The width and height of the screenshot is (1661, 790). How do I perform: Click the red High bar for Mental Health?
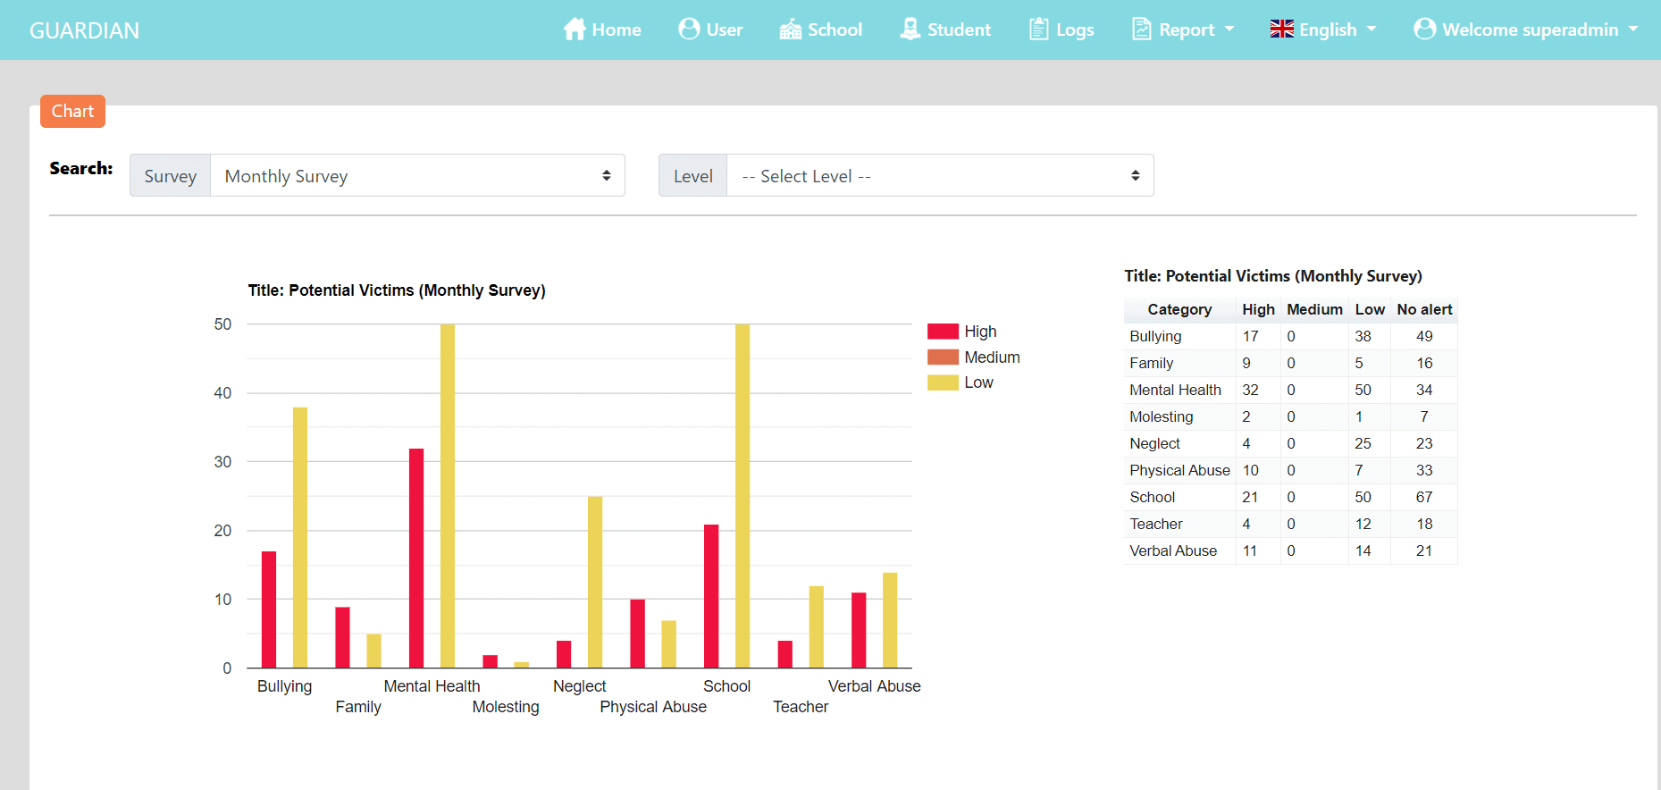click(x=416, y=558)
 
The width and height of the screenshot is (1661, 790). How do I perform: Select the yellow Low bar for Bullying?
click(x=300, y=537)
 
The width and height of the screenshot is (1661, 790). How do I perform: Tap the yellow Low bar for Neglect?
click(x=595, y=582)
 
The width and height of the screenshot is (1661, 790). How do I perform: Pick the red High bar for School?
click(x=711, y=596)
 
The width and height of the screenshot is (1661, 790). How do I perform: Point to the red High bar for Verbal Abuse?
click(x=859, y=630)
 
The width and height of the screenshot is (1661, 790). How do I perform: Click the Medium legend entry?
click(x=974, y=357)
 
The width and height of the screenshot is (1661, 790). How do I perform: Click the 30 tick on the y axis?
click(x=222, y=462)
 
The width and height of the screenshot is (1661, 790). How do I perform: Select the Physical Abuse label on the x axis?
click(x=653, y=707)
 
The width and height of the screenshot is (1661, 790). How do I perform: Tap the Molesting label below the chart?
click(x=506, y=707)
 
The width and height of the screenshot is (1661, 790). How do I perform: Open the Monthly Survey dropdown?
click(x=417, y=176)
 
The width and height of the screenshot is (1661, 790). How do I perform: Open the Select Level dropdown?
click(x=940, y=176)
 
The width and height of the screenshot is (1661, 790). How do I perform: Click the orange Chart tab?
click(x=72, y=112)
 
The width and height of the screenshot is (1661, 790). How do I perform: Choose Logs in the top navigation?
click(x=1061, y=29)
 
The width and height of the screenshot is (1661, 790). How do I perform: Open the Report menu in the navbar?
click(x=1183, y=29)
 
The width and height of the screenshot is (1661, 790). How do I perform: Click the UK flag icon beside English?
click(x=1281, y=29)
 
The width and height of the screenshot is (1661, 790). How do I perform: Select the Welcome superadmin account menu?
click(x=1526, y=29)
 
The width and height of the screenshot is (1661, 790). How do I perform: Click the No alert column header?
click(x=1424, y=309)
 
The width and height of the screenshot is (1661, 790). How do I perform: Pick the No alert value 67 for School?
click(x=1424, y=497)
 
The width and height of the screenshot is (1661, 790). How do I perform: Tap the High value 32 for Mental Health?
click(x=1250, y=390)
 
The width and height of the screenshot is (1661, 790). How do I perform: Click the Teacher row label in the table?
click(x=1156, y=524)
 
